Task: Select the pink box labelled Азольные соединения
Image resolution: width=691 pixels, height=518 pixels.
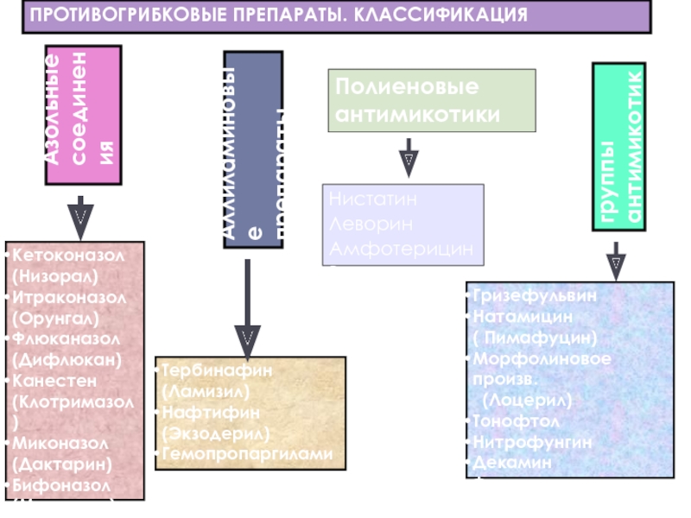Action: click(x=83, y=114)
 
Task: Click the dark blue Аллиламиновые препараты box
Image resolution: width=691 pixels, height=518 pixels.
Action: click(x=253, y=148)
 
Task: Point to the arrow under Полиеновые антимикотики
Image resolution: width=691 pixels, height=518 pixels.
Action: click(x=409, y=161)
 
